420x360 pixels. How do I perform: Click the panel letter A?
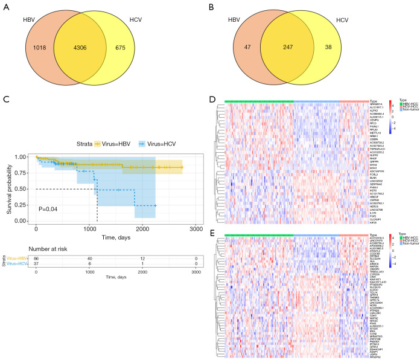coord(6,7)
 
